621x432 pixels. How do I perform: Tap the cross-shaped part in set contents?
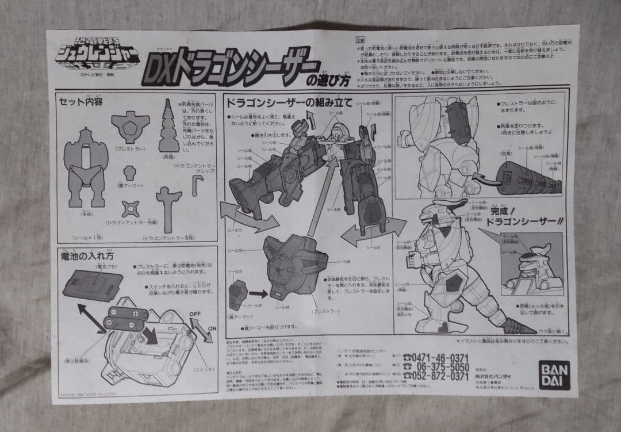tap(130, 208)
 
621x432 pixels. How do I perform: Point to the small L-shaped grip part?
tap(197, 185)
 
